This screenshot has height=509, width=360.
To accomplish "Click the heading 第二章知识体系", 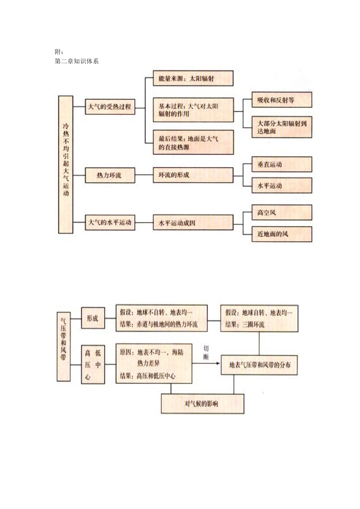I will click(x=77, y=61).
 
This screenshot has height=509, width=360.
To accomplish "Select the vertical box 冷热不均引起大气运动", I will click(x=66, y=164).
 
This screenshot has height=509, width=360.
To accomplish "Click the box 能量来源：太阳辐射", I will click(x=193, y=79).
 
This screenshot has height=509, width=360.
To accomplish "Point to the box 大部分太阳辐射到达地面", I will click(x=282, y=127).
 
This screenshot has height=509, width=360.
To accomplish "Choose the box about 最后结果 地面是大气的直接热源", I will click(x=193, y=142).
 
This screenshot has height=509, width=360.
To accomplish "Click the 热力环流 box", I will click(x=110, y=175).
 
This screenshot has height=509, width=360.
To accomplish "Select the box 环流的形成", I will click(x=193, y=175).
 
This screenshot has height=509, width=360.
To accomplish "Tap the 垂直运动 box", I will click(x=282, y=164).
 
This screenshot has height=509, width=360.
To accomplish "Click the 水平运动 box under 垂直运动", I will click(x=282, y=186).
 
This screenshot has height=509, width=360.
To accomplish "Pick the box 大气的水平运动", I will click(x=110, y=222).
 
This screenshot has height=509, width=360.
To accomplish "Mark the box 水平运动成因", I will click(x=193, y=223).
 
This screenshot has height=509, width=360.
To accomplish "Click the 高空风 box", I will click(x=282, y=212).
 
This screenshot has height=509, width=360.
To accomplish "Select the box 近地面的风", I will click(x=282, y=234).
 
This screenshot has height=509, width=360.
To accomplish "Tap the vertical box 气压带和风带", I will click(x=64, y=346).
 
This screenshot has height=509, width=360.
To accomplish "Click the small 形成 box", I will click(x=93, y=318).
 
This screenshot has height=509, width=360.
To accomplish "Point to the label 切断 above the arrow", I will click(x=206, y=352).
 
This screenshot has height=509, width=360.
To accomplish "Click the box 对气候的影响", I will click(x=202, y=404).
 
